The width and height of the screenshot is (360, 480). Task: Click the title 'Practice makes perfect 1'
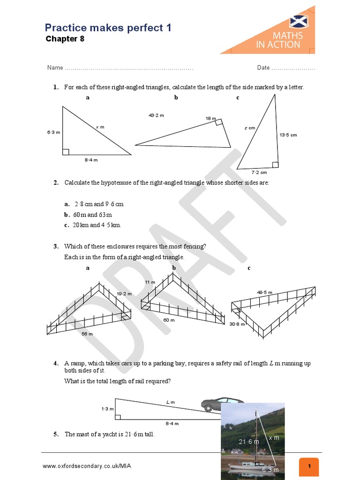[108, 28]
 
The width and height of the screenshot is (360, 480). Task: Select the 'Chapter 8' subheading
[65, 39]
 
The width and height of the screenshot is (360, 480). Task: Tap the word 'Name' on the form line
[55, 68]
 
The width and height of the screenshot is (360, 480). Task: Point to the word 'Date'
[263, 68]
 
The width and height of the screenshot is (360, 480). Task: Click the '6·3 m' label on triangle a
[53, 133]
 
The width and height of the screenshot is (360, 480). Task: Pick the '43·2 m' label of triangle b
[156, 115]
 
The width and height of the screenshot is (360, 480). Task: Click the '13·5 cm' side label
[288, 135]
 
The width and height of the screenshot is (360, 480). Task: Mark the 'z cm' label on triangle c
[250, 127]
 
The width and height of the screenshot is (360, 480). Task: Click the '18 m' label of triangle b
[210, 119]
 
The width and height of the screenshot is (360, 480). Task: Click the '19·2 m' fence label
[124, 294]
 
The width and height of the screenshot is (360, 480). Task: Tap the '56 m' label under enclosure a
[87, 334]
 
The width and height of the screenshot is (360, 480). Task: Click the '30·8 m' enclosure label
[237, 324]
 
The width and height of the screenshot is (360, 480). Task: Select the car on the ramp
[222, 404]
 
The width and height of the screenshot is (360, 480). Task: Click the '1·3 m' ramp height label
[107, 409]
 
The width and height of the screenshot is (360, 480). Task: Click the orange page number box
[309, 467]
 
